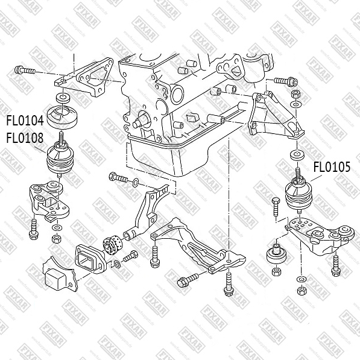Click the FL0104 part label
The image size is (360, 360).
(25, 121)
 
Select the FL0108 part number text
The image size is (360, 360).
(25, 138)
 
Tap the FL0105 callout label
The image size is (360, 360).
(332, 167)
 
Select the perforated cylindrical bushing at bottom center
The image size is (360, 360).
(113, 244)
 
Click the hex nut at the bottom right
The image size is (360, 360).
(301, 291)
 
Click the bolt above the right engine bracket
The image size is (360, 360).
(286, 81)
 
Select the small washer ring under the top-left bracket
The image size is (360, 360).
(63, 98)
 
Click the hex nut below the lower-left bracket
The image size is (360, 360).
(56, 239)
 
